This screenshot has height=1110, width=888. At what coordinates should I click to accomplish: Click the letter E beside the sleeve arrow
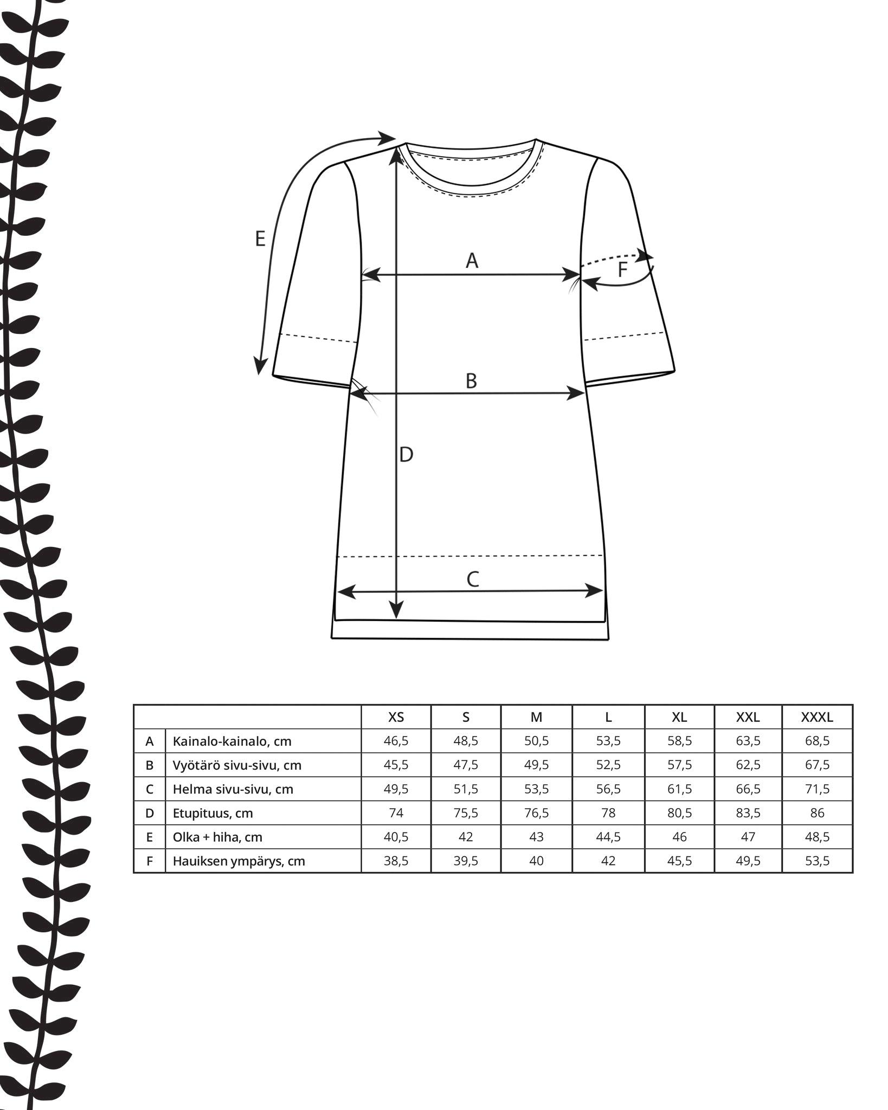pos(260,239)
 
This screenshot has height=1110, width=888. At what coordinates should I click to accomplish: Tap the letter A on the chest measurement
pos(472,261)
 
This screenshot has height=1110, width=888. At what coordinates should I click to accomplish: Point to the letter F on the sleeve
pos(623,269)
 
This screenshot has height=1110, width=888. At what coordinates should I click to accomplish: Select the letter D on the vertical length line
pos(406,455)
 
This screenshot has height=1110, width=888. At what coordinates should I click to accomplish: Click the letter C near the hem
pos(473,579)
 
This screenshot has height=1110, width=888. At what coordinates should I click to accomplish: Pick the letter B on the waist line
pos(471,381)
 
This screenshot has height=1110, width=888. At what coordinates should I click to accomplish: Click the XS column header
pos(396,717)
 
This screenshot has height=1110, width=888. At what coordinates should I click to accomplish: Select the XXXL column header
pos(817,717)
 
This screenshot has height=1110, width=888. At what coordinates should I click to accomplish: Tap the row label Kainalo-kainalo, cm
pos(232,741)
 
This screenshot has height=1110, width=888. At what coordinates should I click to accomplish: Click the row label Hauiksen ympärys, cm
pos(239,861)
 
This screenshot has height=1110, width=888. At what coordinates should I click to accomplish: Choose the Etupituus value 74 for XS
pos(396,813)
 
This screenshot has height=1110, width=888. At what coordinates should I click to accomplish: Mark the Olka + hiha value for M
pos(536,837)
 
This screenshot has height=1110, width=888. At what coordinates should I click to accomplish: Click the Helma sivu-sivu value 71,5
pos(817,789)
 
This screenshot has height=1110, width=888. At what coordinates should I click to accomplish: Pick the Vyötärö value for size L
pos(608,765)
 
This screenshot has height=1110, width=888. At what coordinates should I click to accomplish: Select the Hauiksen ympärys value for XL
pos(679,861)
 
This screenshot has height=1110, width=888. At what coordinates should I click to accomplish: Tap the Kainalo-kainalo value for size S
pos(466,741)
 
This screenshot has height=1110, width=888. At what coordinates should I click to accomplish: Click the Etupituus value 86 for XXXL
pos(817,813)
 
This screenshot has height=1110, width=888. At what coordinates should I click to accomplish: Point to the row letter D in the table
pos(150,813)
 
